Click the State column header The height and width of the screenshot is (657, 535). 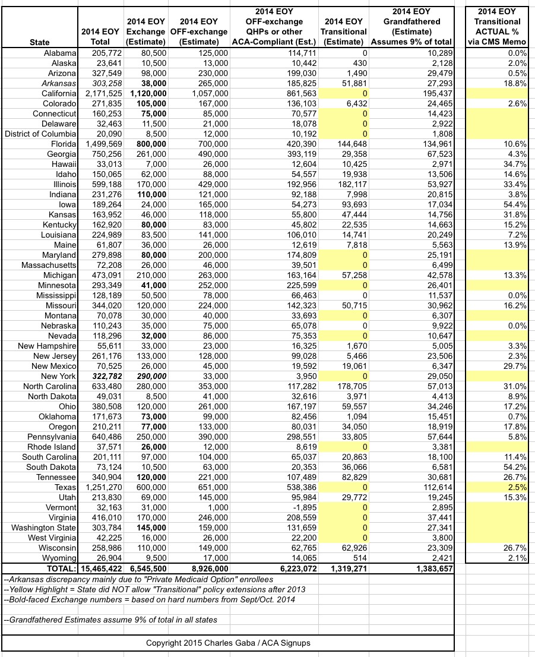(40, 42)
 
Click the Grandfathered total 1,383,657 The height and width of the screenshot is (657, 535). (427, 568)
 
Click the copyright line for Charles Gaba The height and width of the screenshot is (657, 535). (228, 643)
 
